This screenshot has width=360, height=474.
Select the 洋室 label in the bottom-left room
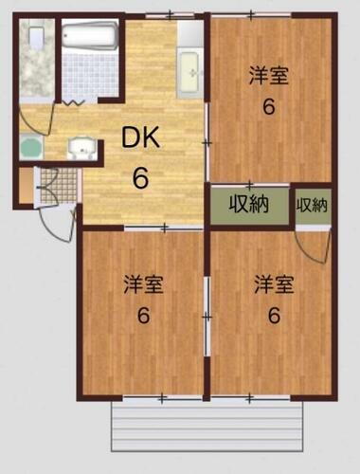pos(143,283)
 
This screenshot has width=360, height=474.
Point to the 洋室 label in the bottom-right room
pos(273,283)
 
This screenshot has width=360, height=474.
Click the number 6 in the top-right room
pos(269,106)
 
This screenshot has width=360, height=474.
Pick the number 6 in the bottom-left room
pos(143,316)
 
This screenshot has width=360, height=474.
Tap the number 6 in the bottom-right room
pos(273,316)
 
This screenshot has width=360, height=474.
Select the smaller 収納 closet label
pos(313,205)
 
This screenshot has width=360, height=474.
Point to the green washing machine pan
pos(30,148)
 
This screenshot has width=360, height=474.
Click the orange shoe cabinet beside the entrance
pos(25,186)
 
